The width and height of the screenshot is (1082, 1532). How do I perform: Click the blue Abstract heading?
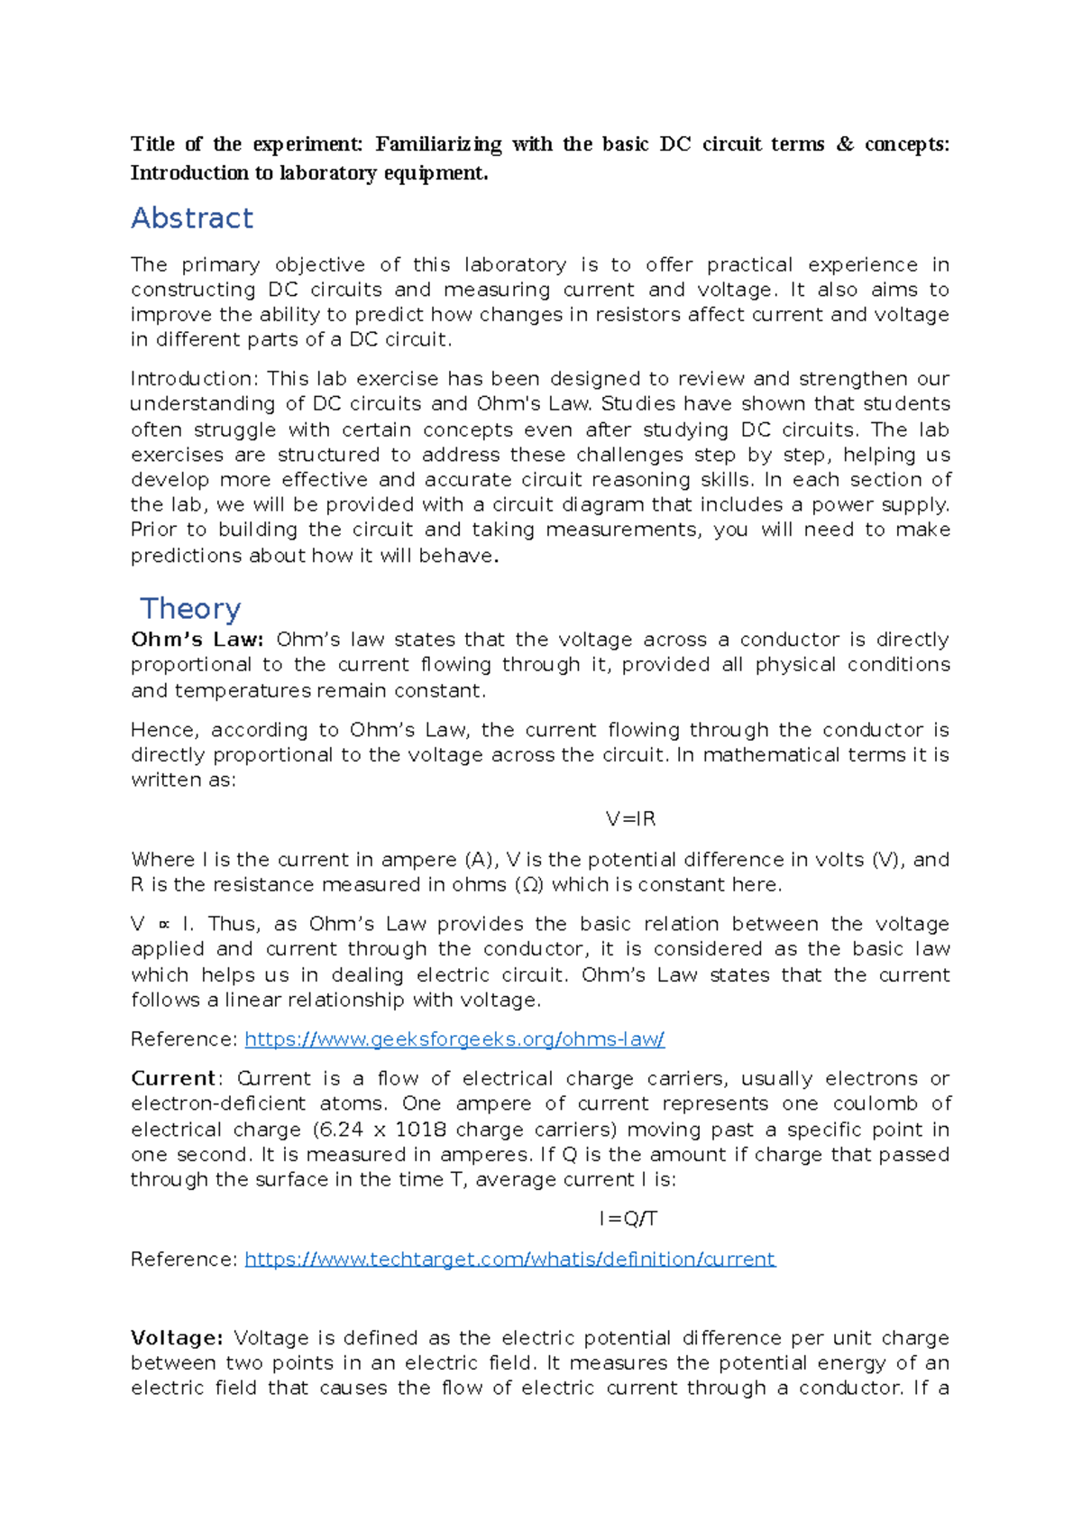point(192,218)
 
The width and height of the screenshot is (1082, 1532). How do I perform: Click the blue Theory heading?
point(190,609)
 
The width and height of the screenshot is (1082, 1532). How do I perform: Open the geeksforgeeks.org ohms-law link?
point(454,1039)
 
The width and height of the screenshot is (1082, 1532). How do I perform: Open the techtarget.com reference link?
point(509,1260)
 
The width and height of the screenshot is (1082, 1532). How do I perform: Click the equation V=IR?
point(630,819)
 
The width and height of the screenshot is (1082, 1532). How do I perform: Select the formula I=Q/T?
point(628,1220)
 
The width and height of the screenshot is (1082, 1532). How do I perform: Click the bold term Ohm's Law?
point(197,640)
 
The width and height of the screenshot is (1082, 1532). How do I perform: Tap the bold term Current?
point(173,1079)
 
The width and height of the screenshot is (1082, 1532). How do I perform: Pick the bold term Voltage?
point(177,1338)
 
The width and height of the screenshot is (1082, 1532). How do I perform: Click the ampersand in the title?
point(845,144)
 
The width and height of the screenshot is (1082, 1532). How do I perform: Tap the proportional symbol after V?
point(163,925)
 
